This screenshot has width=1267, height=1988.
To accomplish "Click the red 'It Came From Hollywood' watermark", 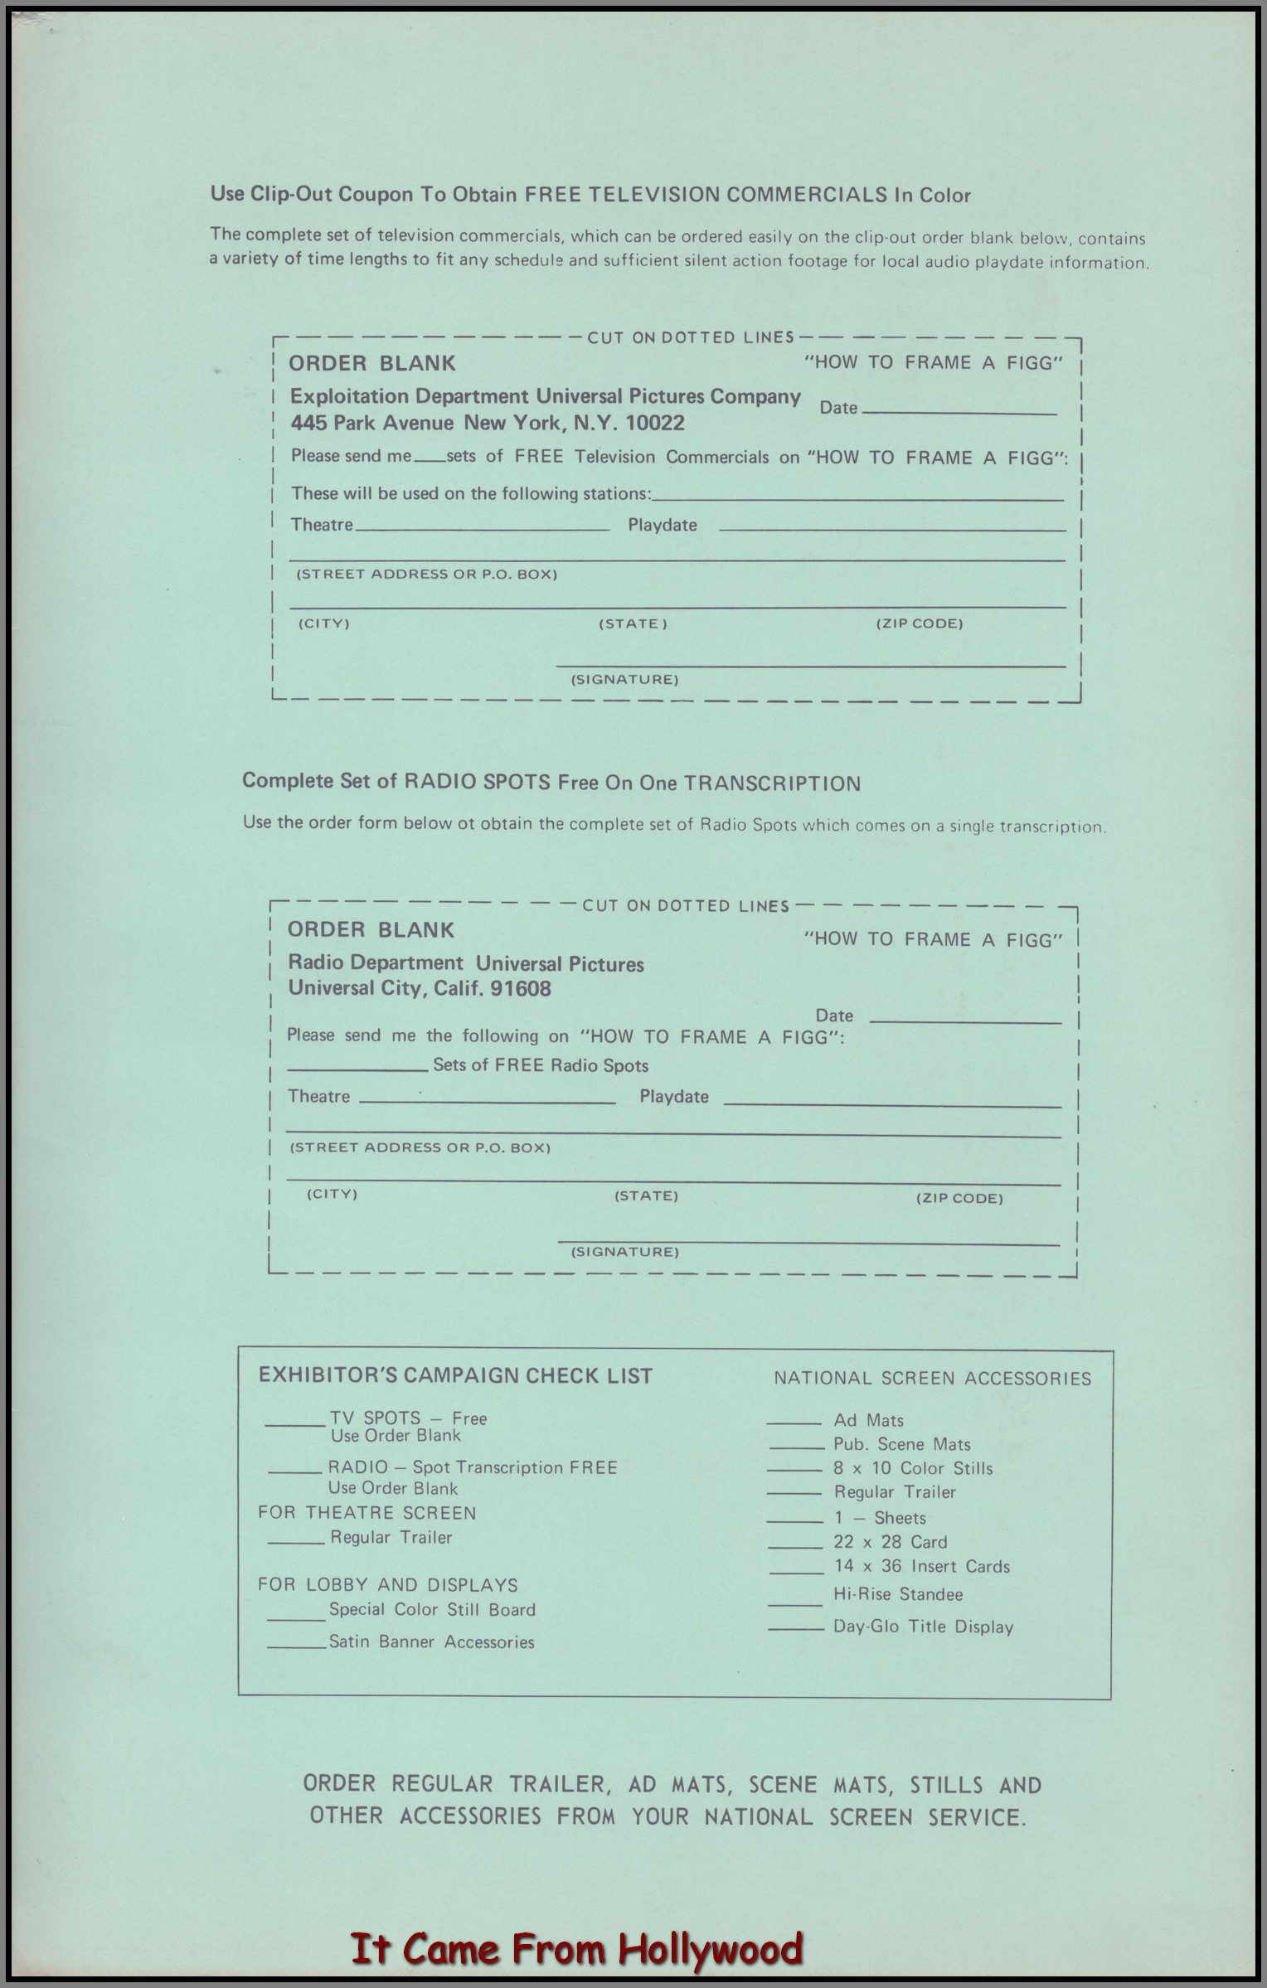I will pyautogui.click(x=577, y=1948).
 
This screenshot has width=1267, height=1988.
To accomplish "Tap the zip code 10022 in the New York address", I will pyautogui.click(x=655, y=424).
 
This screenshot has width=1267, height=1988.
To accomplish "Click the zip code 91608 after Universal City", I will pyautogui.click(x=520, y=988).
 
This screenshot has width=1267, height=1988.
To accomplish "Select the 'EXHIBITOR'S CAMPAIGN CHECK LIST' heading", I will pyautogui.click(x=455, y=1375).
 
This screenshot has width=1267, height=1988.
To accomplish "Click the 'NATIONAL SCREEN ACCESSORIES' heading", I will pyautogui.click(x=932, y=1379).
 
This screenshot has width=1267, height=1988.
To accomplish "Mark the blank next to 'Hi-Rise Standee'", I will pyautogui.click(x=794, y=1603).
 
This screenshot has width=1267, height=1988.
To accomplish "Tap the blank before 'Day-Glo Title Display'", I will pyautogui.click(x=795, y=1629).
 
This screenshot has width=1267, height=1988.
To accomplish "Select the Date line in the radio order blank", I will pyautogui.click(x=964, y=1020).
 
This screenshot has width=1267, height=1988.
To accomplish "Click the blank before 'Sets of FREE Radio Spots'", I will pyautogui.click(x=357, y=1069).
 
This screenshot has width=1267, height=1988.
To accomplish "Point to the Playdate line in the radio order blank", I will pyautogui.click(x=891, y=1103).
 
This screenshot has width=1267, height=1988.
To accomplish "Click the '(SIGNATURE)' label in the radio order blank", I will pyautogui.click(x=624, y=1252).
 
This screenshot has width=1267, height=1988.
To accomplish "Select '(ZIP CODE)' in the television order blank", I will pyautogui.click(x=919, y=623).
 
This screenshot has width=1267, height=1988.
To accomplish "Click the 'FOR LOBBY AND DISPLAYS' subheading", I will pyautogui.click(x=387, y=1585).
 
